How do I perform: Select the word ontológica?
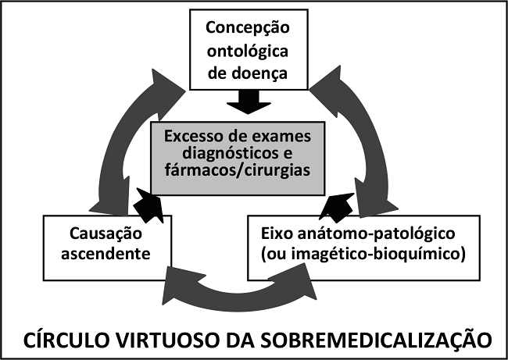coord(248,52)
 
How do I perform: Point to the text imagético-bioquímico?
coord(366,255)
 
